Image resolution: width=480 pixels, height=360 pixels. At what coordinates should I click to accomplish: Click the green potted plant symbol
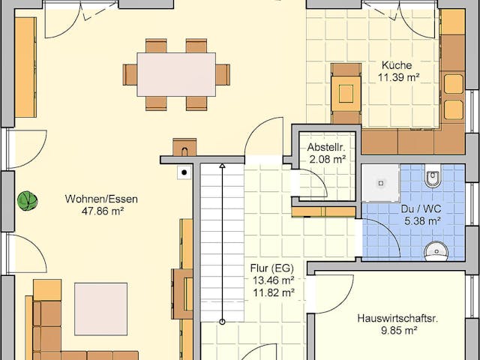(28, 200)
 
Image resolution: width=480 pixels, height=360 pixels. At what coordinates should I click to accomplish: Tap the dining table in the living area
(176, 74)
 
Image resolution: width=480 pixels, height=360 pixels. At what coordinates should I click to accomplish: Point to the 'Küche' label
(396, 64)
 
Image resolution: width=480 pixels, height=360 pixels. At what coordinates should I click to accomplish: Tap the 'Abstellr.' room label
(326, 146)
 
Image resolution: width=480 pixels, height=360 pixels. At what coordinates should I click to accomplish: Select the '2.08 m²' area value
(326, 159)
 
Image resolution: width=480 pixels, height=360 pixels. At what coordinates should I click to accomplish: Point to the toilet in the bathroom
(433, 178)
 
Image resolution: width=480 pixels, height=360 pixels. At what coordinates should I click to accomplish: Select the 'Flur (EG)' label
(271, 268)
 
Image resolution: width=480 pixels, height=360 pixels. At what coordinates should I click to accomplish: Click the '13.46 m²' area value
(271, 280)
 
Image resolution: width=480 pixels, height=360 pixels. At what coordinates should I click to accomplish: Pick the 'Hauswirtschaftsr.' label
(397, 318)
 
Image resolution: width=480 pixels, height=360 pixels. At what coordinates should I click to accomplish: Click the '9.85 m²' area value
(397, 331)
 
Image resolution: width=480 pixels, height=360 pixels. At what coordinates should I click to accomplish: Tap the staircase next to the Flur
(222, 240)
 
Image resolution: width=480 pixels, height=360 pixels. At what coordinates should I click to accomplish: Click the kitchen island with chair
(346, 93)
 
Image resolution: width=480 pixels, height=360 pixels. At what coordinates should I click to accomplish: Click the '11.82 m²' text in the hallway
(271, 292)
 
